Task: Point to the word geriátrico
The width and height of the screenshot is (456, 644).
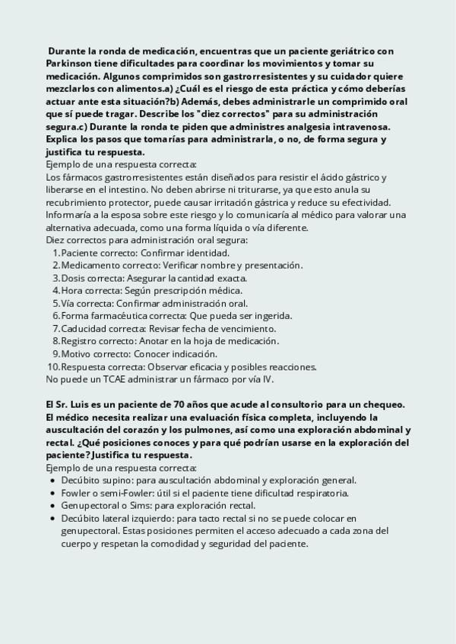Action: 350,51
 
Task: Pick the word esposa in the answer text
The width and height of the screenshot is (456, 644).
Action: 119,214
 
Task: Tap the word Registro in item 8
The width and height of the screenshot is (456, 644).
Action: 81,342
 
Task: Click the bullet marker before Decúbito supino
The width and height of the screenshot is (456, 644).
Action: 51,481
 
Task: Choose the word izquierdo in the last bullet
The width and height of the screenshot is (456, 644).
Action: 145,519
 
